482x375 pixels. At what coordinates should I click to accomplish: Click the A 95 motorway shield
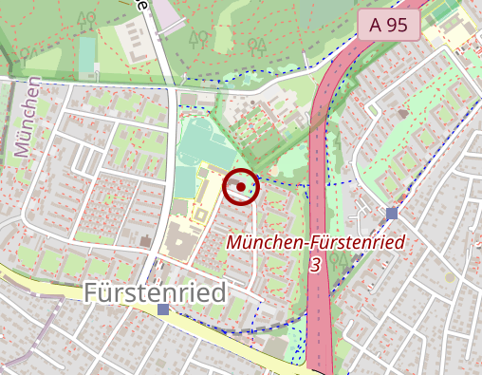tap(389, 26)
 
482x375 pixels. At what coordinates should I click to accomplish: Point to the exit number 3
tap(315, 265)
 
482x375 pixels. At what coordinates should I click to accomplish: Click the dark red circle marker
tap(241, 187)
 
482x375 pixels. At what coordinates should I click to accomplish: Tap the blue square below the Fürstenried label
tap(163, 309)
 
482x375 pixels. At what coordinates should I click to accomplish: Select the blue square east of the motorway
tap(392, 214)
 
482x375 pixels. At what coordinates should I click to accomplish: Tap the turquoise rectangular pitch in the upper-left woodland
tap(87, 51)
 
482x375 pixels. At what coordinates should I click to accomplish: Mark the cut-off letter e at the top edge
tap(141, 5)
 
